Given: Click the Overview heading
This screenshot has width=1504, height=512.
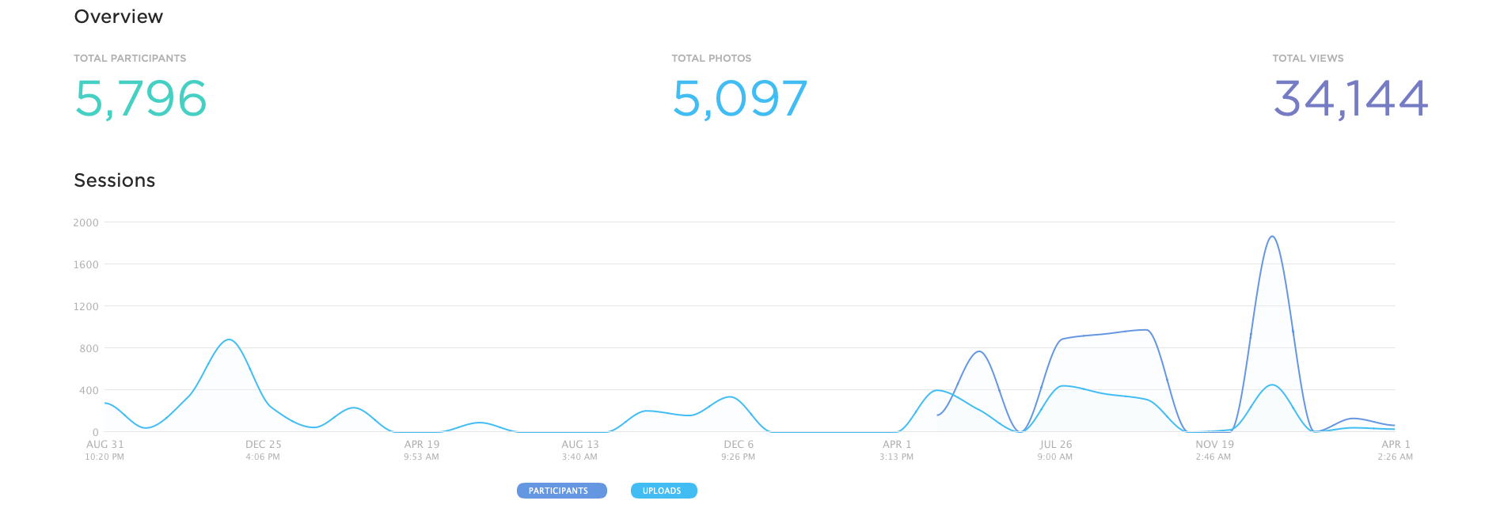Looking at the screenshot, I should [x=118, y=17].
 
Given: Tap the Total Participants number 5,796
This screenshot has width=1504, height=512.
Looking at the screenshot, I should [x=141, y=99].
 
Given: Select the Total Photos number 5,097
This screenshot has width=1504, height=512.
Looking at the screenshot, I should [x=739, y=99].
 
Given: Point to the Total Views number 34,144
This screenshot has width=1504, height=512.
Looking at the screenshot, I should [x=1350, y=99].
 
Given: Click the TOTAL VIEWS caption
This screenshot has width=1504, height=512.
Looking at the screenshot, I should [x=1308, y=59].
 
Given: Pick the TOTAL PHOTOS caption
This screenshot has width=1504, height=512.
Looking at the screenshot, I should [x=711, y=59].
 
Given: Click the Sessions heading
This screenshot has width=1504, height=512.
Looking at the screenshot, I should [x=114, y=180].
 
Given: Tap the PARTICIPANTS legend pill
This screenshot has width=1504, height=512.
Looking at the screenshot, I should [x=561, y=491].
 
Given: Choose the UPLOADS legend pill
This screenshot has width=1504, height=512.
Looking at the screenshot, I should [x=663, y=491].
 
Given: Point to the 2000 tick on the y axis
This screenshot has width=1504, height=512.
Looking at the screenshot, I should [x=85, y=223].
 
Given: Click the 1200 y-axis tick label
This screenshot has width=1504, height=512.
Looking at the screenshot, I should [x=85, y=306].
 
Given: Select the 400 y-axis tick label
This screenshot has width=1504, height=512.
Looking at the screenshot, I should [x=89, y=390].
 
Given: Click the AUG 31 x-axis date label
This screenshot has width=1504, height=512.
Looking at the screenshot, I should [x=105, y=445].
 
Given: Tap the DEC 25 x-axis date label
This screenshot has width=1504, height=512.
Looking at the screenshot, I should [x=263, y=445].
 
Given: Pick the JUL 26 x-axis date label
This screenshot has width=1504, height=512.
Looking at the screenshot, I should [x=1055, y=445].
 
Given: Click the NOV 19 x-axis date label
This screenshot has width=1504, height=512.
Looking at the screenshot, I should [x=1214, y=445].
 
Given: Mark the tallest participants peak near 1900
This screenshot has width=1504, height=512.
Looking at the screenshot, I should [x=1271, y=237].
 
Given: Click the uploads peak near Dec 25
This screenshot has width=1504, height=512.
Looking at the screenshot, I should [x=229, y=340].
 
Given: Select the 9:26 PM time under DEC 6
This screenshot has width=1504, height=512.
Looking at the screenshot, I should [x=738, y=457].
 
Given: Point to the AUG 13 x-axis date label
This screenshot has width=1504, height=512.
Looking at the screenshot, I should [x=580, y=445].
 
